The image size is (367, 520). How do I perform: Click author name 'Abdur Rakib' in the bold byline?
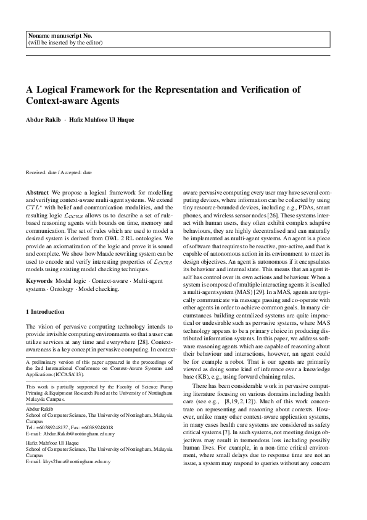(43, 119)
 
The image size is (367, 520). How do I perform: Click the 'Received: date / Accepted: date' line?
(59, 175)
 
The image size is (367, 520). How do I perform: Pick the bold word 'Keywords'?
(39, 281)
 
